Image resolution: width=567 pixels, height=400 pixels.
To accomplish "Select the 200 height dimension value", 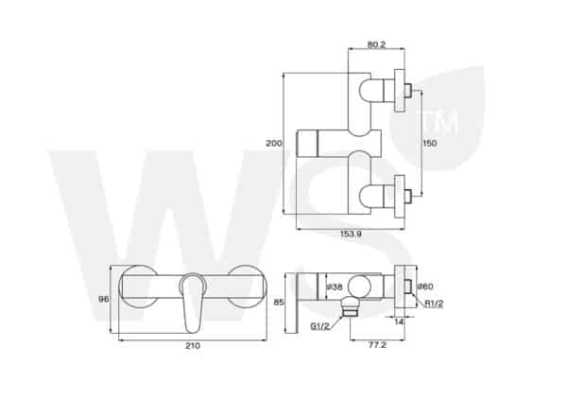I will (x=274, y=143).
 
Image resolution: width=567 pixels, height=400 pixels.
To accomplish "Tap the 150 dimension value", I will (x=430, y=142).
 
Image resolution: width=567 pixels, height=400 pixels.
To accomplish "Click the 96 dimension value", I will (x=103, y=299).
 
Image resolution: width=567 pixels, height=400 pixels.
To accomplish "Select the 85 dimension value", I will (x=279, y=303).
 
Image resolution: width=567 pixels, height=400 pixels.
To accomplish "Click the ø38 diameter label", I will (x=333, y=287).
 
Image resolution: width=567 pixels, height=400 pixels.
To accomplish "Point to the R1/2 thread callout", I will (x=434, y=304).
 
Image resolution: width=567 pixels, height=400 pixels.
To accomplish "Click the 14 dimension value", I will (x=401, y=322).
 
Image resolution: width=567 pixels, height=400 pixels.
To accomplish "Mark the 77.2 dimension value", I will (x=376, y=346).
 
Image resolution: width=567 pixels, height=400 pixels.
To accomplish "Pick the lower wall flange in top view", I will (x=401, y=196).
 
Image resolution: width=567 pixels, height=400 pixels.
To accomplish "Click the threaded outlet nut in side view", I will (x=350, y=304).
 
